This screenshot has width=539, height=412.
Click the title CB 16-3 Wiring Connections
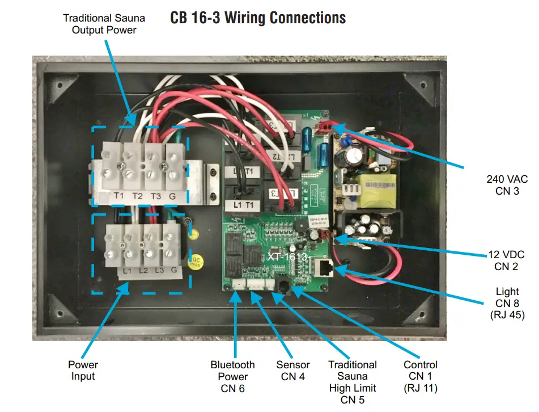click(x=258, y=18)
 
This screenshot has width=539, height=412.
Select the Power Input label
click(x=83, y=370)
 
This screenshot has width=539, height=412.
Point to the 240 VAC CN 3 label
click(x=507, y=185)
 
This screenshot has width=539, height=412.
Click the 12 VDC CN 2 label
click(x=507, y=260)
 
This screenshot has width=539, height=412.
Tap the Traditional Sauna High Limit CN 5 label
click(x=353, y=381)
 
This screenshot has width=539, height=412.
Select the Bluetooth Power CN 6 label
click(x=232, y=376)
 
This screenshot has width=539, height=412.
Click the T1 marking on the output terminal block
click(x=119, y=196)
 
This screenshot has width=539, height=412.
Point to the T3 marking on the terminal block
click(x=154, y=196)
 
